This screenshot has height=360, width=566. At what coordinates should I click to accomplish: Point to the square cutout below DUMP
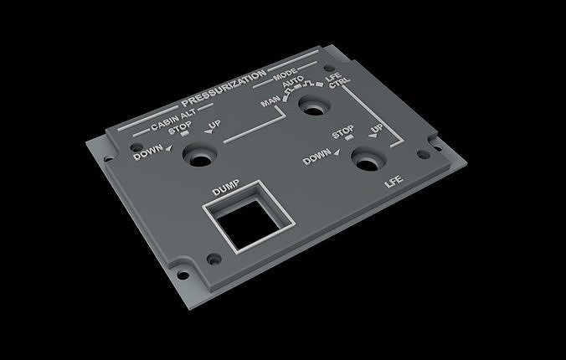coord(249,221)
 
